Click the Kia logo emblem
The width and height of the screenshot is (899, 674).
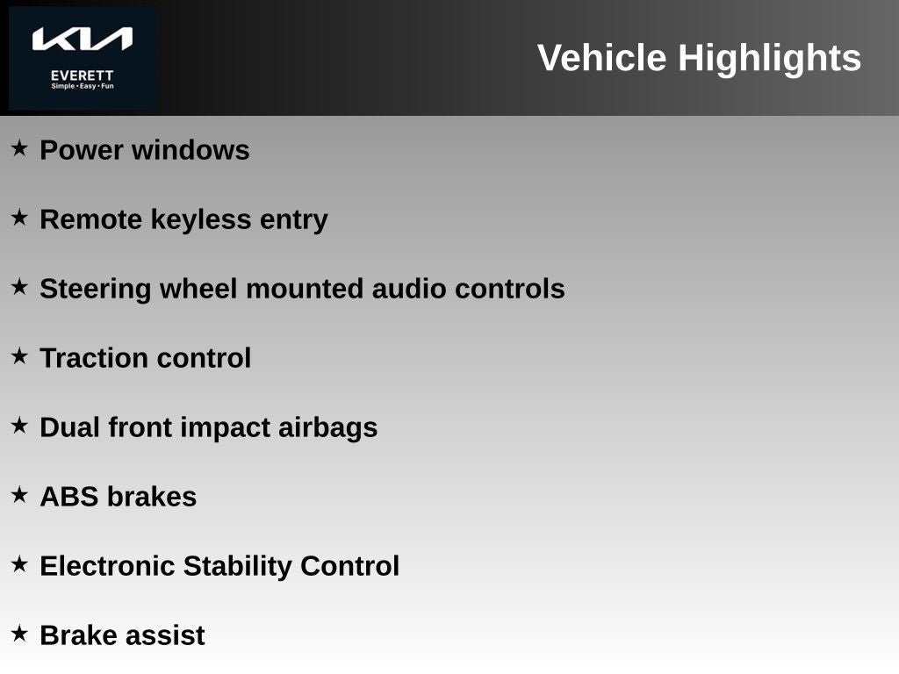coord(83,39)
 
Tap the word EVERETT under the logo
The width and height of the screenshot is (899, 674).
coord(83,75)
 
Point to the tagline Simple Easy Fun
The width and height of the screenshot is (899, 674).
coord(83,86)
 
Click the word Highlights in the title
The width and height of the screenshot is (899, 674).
coord(769,59)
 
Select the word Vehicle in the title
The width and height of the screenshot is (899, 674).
coord(601,59)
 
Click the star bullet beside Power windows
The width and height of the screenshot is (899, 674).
coord(19,148)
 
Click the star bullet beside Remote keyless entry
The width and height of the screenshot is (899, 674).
coord(19,218)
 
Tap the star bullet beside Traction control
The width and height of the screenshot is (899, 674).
coord(19,356)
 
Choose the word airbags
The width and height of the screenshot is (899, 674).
coord(327,427)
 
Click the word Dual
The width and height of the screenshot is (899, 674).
coord(70,427)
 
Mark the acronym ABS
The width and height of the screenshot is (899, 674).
coord(69,497)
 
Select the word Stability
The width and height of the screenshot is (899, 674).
coord(238,566)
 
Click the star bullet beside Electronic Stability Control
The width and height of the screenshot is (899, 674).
coord(19,564)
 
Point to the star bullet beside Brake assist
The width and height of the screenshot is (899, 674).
coord(19,634)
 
